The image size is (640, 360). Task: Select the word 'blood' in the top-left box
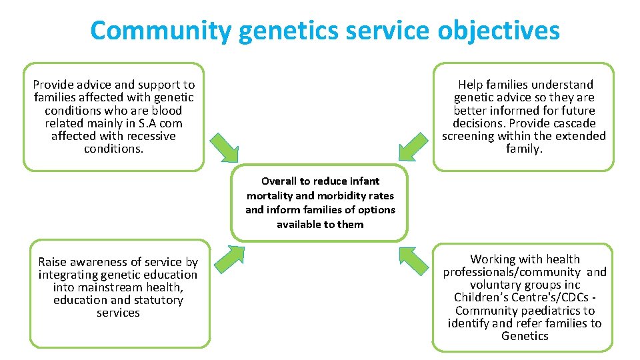[166, 111]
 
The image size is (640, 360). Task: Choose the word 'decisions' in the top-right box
[479, 123]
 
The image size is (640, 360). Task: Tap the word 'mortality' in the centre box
[269, 195]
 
